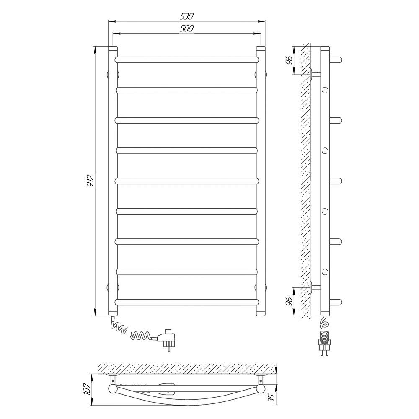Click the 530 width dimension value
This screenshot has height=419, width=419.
click(x=186, y=17)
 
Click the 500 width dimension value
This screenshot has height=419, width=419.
click(x=186, y=28)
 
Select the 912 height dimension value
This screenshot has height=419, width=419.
click(x=91, y=180)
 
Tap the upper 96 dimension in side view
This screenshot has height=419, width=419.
click(x=289, y=60)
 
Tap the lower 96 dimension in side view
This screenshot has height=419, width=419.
click(x=289, y=301)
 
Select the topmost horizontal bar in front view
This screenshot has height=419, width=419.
click(x=187, y=59)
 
